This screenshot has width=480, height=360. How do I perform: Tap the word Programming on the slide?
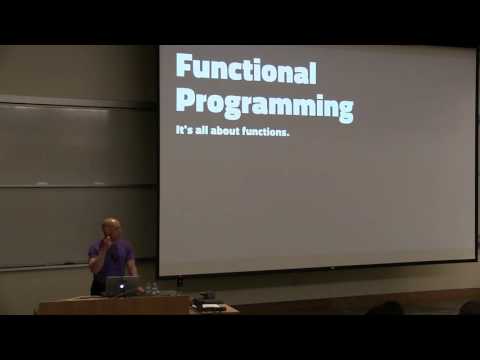tap(264, 105)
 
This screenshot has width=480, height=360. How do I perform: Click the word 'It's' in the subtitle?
tap(183, 131)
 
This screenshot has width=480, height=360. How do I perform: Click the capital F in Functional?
tap(184, 68)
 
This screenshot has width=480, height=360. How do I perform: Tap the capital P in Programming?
tap(185, 103)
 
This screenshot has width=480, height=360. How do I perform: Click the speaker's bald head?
tap(111, 226)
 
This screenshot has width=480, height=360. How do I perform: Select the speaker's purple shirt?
tap(112, 262)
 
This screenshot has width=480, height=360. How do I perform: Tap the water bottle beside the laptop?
tap(147, 288)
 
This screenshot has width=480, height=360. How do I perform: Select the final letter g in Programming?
tap(344, 108)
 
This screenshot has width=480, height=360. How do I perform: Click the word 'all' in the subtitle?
tap(199, 131)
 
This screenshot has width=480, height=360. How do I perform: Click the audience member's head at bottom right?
tap(469, 307)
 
